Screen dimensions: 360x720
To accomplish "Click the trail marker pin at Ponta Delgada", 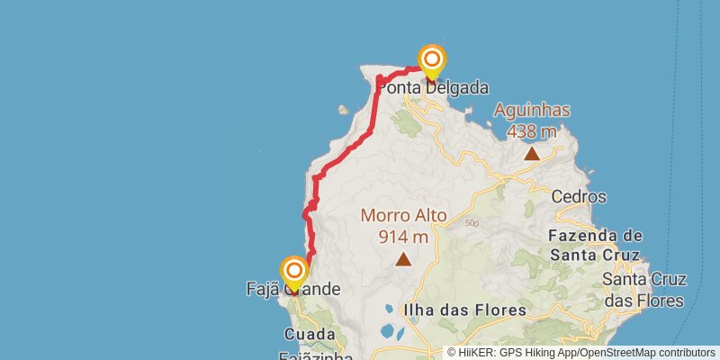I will point(432,62).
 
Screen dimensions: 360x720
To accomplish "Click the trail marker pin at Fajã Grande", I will point(294,273).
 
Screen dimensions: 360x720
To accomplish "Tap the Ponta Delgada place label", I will point(433,88).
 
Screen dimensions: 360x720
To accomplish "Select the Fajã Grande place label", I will point(293,289).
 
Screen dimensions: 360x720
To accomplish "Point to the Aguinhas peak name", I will point(532,111).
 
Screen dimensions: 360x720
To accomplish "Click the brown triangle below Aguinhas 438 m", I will point(532,153).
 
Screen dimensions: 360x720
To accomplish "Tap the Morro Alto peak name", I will point(403,216).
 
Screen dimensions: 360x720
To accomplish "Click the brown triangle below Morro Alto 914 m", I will point(403,260).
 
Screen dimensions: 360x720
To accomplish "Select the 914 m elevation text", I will point(403,237).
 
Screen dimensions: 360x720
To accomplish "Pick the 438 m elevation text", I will point(532,131).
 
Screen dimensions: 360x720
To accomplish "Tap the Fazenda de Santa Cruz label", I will point(595,245).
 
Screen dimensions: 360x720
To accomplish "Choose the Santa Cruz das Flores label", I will point(643,290).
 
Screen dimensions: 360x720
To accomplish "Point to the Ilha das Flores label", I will point(464,310).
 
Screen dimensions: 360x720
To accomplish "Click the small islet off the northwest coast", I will point(343,111).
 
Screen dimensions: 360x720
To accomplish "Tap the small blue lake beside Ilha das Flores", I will point(389,331).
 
